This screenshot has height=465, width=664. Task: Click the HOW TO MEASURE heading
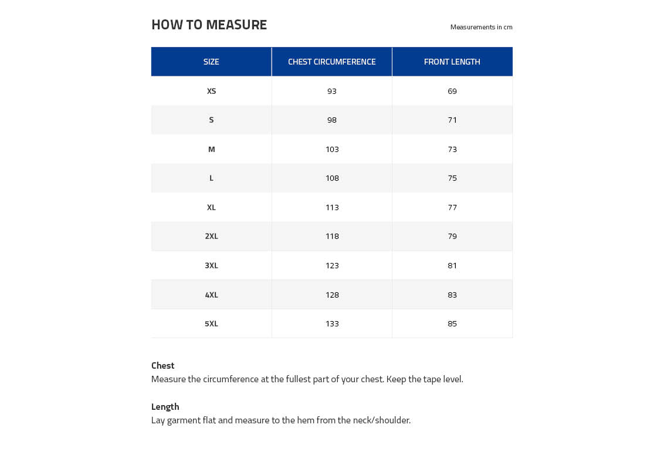209,25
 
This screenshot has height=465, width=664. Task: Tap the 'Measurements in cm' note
481,27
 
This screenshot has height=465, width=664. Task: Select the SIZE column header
211,62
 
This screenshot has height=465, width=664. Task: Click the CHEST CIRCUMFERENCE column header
331,62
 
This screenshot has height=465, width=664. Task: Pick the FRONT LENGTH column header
452,62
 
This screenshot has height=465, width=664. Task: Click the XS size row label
211,91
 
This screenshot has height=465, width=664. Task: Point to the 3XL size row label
211,265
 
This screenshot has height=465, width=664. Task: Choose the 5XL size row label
211,324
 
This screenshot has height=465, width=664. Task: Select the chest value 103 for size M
332,149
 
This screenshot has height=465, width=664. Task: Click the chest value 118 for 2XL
332,236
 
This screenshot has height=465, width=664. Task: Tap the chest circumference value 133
332,324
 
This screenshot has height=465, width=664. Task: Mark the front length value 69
452,91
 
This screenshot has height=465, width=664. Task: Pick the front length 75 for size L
452,178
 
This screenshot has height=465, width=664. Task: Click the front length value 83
452,295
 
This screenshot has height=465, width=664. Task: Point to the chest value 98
332,120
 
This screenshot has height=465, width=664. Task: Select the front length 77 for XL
452,207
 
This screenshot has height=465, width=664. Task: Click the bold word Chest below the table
162,365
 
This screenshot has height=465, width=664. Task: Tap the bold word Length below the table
165,406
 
